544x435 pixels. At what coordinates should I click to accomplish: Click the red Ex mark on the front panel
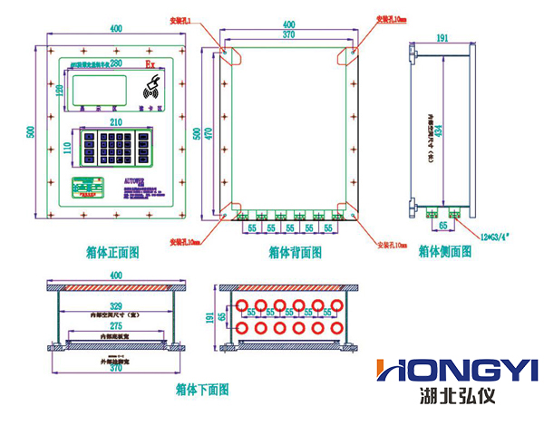click(x=151, y=65)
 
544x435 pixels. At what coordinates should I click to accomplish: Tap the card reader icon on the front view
click(x=151, y=90)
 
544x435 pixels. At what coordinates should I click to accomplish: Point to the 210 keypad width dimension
click(x=117, y=121)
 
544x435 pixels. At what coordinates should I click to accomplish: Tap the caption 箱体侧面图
click(x=444, y=252)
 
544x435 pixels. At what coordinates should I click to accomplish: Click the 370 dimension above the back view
click(x=288, y=34)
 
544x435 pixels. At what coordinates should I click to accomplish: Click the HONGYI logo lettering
click(x=457, y=370)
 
